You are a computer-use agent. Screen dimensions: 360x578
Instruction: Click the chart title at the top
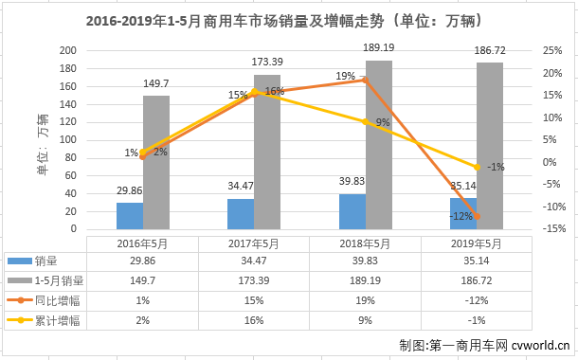[x=288, y=20]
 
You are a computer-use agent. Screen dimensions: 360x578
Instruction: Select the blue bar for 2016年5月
[x=130, y=216]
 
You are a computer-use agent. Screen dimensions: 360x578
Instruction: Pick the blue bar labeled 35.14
[x=462, y=213]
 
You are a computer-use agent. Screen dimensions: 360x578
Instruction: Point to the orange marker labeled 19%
[x=365, y=80]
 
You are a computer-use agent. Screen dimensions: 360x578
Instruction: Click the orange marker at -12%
[x=477, y=217]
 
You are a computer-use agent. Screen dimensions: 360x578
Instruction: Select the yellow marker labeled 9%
[x=365, y=122]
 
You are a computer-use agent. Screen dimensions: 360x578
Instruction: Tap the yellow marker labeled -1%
[x=477, y=167]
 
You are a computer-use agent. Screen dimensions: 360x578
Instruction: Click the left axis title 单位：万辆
[x=43, y=140]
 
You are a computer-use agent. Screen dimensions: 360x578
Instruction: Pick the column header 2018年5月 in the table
[x=365, y=243]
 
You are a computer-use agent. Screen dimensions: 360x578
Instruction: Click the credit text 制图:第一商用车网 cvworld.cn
[x=483, y=346]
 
